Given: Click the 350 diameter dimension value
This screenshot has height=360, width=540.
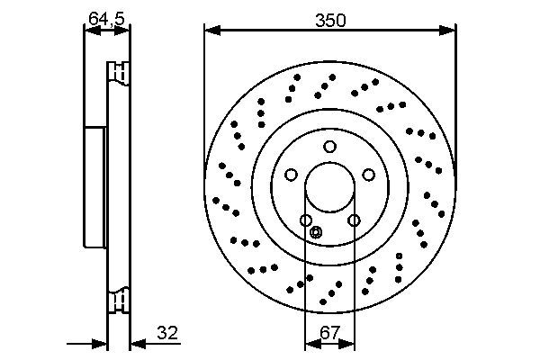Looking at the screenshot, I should [329, 19].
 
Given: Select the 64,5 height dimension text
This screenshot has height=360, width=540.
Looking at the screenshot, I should [106, 17].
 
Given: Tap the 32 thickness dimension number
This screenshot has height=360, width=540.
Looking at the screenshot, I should [167, 333].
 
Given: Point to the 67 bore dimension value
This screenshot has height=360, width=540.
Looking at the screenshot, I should [329, 333].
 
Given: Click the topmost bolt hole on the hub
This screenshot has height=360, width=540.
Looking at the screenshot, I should [330, 147].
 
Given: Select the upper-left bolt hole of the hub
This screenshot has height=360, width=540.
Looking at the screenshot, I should [291, 175].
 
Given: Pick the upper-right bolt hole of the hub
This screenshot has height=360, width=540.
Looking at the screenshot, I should [369, 175].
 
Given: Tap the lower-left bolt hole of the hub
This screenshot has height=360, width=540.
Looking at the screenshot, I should [306, 220].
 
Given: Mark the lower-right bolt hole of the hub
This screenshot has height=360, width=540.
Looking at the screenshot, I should [354, 220].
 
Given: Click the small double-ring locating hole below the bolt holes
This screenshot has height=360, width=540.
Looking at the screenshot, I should [315, 233].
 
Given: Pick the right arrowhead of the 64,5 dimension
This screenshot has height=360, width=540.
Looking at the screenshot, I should [124, 31].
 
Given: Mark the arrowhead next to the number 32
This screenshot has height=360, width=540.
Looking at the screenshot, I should [136, 344].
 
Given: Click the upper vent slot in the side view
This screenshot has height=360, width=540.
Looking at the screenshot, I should [118, 70].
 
